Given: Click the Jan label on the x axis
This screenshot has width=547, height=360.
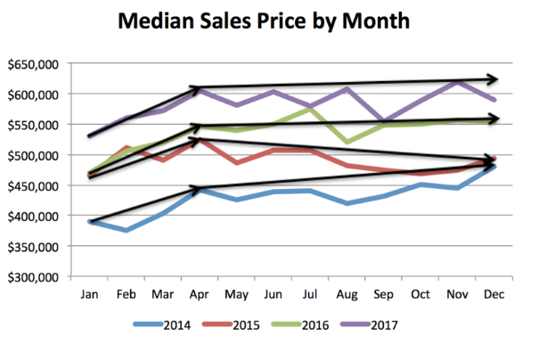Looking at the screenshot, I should pos(90,294).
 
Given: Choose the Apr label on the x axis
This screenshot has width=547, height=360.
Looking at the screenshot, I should pos(199,294).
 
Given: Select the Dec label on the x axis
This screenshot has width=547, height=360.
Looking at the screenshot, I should pos(490,294).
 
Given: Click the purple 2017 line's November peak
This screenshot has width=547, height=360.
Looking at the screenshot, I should pos(454,82).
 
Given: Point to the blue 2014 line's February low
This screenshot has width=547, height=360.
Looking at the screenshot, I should pos(127,231).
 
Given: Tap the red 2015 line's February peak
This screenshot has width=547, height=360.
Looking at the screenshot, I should pos(127,147).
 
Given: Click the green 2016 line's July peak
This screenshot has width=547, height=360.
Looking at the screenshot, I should pos(308,109).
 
